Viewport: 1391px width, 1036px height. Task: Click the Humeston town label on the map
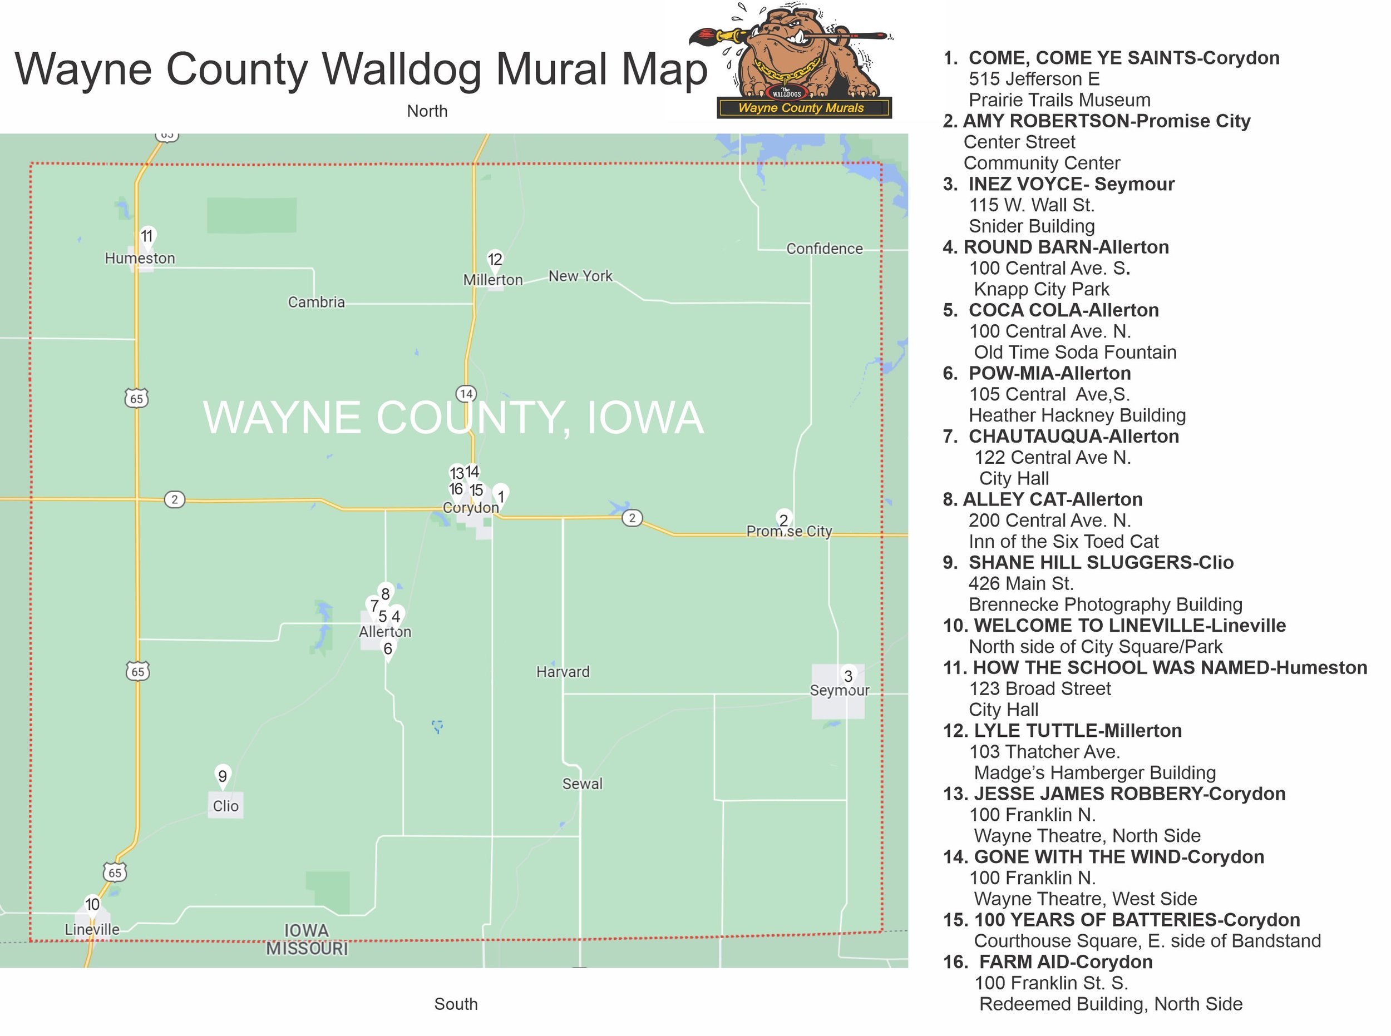[x=139, y=259]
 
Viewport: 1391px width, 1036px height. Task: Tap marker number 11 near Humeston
[x=147, y=236]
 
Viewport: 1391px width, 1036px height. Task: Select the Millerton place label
[x=492, y=280]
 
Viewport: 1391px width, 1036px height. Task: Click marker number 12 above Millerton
[x=495, y=260]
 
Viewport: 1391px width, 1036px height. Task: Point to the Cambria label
[x=316, y=303]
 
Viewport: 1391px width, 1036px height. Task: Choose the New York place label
[x=580, y=276]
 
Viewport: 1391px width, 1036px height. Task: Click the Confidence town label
[x=825, y=249]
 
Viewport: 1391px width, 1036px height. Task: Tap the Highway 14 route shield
[x=466, y=394]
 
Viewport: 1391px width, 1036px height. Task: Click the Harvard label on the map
[x=563, y=672]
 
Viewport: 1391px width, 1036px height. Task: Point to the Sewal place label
[x=582, y=784]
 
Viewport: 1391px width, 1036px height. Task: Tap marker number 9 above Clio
[x=222, y=776]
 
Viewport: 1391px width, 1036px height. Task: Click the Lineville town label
[x=92, y=929]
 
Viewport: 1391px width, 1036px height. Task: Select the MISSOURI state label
[x=307, y=949]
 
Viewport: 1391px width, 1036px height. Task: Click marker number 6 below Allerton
[x=388, y=649]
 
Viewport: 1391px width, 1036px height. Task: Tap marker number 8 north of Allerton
[x=385, y=594]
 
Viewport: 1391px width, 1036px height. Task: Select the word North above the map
[x=427, y=111]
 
